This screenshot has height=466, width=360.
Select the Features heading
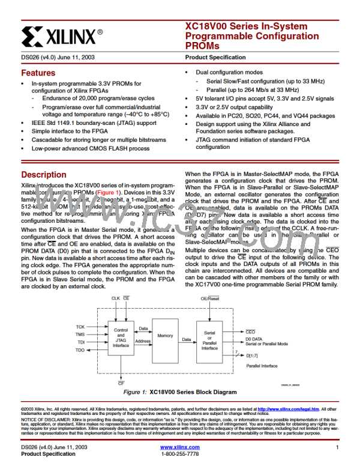[34, 71]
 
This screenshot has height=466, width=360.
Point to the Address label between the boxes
[143, 340]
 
